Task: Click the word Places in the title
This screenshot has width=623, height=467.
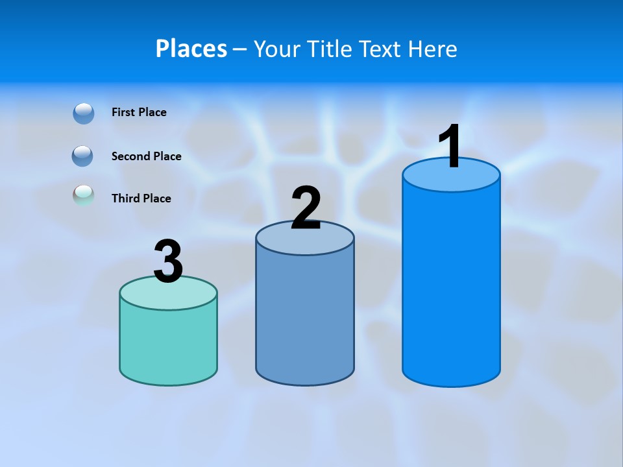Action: tap(191, 49)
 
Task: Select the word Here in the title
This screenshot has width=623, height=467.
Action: tap(433, 49)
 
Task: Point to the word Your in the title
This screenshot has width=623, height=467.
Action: tap(278, 49)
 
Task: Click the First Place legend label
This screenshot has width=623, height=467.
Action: tap(139, 112)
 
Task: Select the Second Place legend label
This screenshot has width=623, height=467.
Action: tap(146, 156)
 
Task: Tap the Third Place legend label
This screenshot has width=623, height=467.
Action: tap(141, 198)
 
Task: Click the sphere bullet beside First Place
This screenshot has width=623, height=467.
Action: tap(84, 114)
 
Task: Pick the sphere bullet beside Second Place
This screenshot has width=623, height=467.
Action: tap(83, 156)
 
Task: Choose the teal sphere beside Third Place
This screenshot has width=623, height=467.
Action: tap(84, 196)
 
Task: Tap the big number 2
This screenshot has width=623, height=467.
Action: tap(306, 208)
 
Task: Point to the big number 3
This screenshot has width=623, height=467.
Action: tap(168, 262)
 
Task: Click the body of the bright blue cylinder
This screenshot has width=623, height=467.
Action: tap(451, 285)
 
